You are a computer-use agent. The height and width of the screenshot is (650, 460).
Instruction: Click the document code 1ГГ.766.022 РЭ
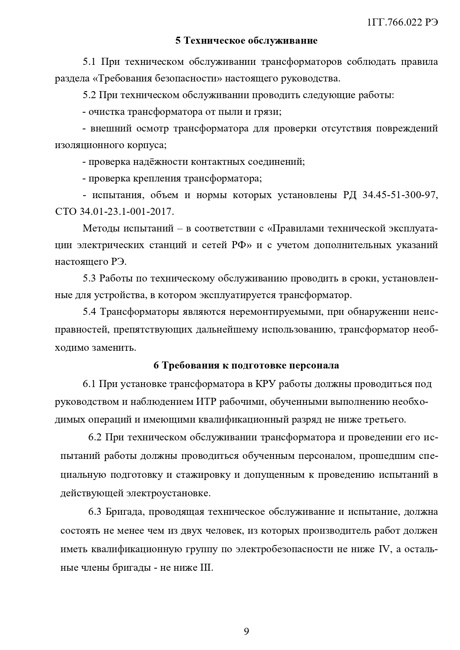tap(402, 22)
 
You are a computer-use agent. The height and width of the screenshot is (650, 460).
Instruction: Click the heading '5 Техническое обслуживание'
tap(246, 41)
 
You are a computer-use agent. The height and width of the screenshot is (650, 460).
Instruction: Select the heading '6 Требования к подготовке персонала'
tap(246, 366)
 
